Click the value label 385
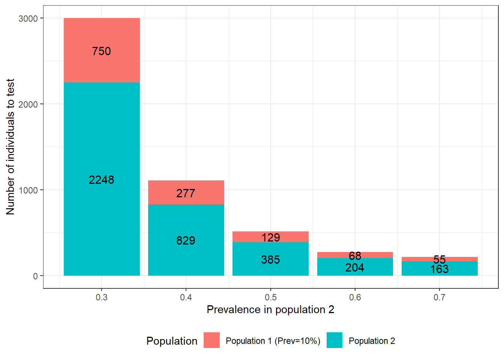pos(270,259)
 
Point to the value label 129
pos(270,237)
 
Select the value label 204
pos(355,268)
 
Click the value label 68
pos(355,256)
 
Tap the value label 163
pos(439,269)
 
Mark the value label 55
pos(439,259)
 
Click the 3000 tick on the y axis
pos(28,18)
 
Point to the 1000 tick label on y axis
pos(28,190)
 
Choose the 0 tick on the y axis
pos(35,276)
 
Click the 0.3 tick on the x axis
pos(102,297)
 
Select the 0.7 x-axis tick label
pos(439,297)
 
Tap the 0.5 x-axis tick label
pos(270,297)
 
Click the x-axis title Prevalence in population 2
pos(270,310)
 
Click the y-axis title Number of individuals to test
pos(10,147)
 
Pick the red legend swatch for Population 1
pos(211,340)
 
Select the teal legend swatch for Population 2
pos(334,340)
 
